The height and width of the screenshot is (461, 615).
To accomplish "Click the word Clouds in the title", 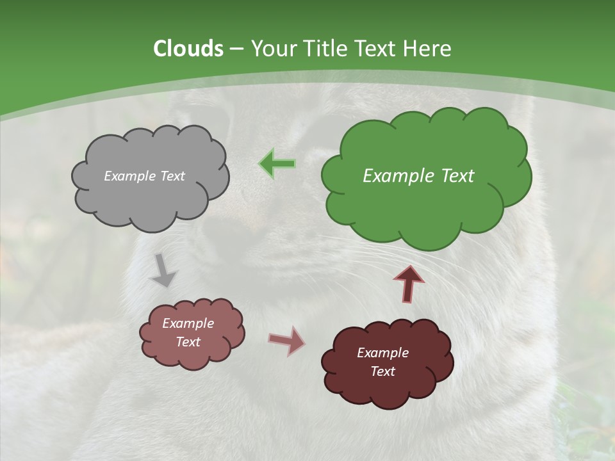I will pos(188,49).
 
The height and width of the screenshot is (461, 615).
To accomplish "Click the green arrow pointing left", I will pos(277,164).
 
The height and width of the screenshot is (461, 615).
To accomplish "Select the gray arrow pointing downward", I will pos(163,270).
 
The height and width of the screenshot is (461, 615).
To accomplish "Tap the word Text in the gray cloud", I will pos(172,176).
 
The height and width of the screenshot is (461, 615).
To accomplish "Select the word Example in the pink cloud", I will pos(188,323).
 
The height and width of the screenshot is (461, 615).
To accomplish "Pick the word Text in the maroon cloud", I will pos(382,371).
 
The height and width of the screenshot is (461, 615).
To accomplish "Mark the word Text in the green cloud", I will pos(457,176).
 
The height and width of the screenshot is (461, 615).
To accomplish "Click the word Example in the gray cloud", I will pos(129,176).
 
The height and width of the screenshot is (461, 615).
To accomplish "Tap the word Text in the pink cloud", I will pos(188,342).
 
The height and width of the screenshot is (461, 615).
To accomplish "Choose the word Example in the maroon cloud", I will pos(382,353).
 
